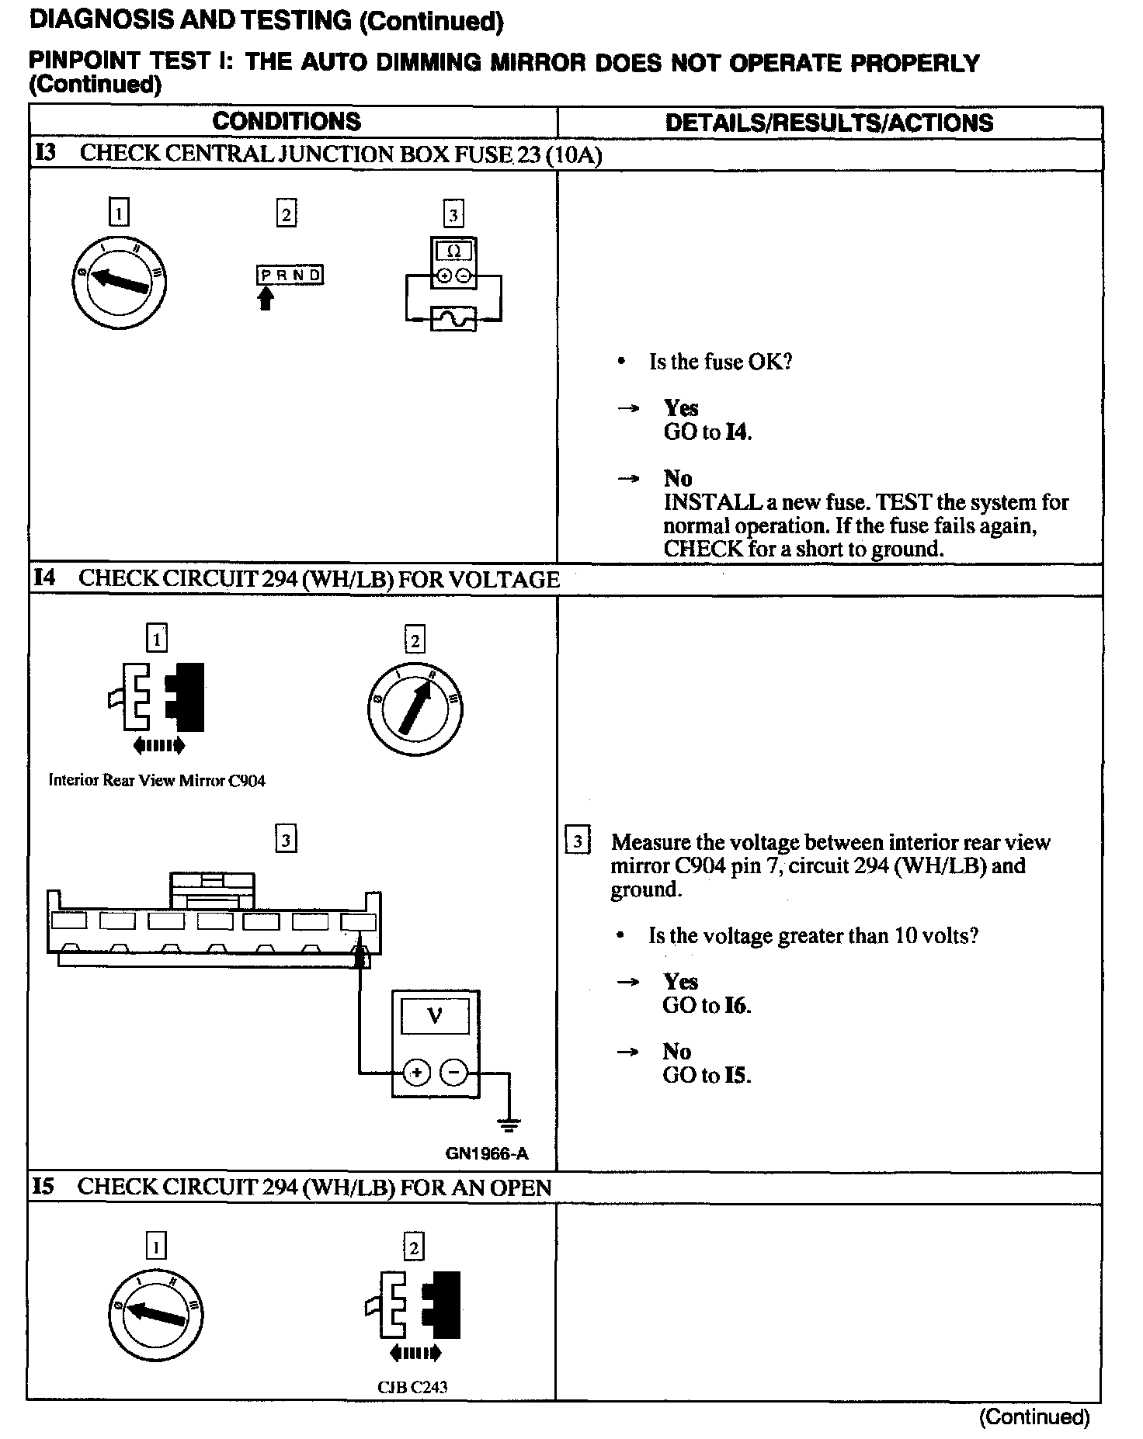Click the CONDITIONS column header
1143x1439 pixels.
pos(287,122)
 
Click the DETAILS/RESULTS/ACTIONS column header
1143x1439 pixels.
pos(829,123)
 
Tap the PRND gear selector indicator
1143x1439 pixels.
pos(290,276)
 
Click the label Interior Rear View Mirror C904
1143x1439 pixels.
pos(157,781)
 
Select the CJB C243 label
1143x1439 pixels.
pos(412,1387)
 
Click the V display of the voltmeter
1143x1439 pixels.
pos(435,1016)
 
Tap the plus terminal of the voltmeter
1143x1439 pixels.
pos(417,1073)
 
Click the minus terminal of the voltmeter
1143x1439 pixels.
pos(454,1073)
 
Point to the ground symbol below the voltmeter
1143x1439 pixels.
pos(509,1124)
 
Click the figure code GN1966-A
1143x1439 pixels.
pos(487,1153)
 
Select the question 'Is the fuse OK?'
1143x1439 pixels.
pos(721,362)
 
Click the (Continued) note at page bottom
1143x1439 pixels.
pos(1034,1418)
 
